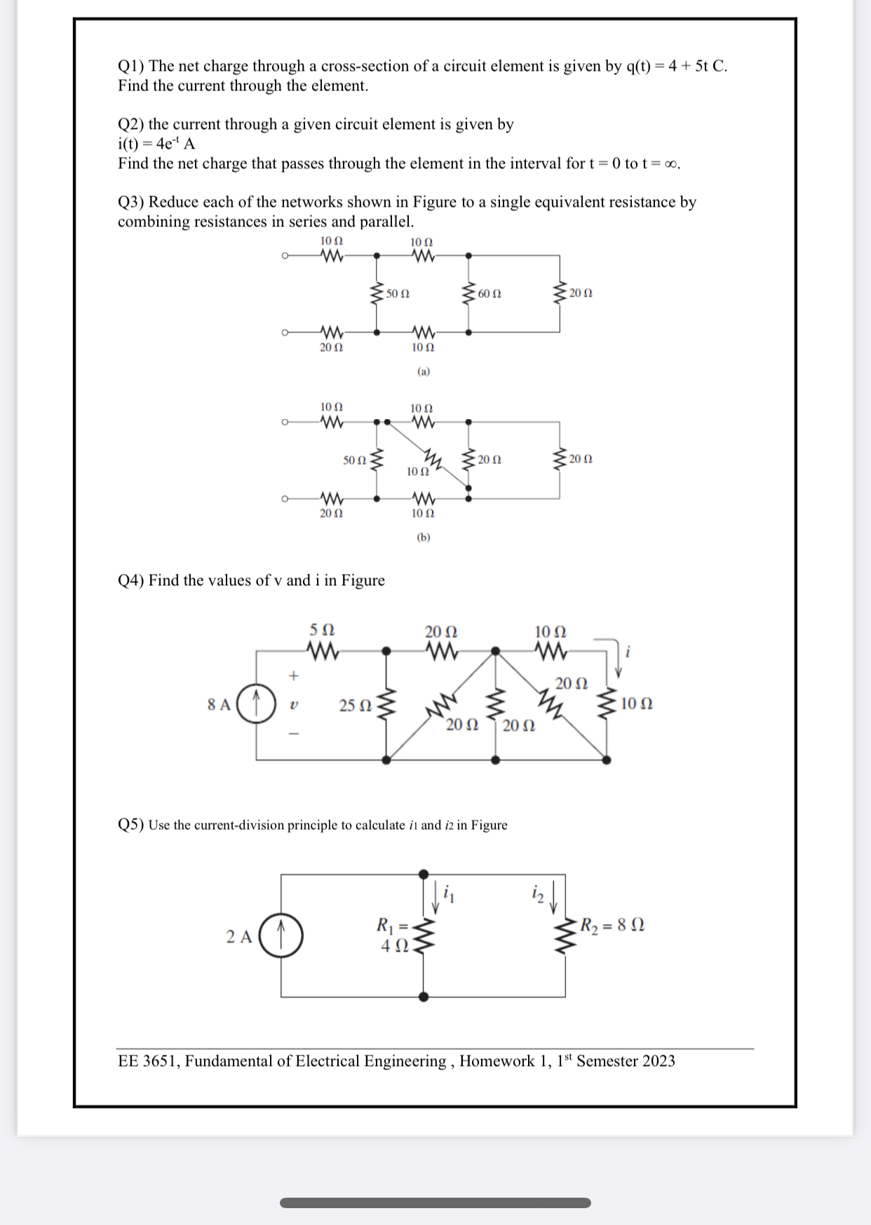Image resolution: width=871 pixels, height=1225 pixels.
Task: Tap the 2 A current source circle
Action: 281,936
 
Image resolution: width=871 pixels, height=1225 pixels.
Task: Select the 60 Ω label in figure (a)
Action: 489,294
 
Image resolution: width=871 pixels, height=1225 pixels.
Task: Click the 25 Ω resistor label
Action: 355,705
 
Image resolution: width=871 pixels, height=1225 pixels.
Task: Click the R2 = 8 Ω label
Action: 612,925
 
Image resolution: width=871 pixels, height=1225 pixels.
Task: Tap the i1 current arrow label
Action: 449,894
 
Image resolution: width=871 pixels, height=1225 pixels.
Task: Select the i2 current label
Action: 537,893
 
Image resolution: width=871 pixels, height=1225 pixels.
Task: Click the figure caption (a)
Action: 423,371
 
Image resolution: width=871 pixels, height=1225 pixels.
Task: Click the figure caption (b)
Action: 423,538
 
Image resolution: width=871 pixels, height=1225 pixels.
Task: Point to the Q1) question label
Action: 130,67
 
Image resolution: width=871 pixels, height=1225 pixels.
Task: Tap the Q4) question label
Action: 130,580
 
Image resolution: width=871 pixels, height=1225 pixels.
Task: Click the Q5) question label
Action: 130,825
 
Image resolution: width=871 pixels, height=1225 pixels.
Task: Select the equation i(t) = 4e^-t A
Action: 156,144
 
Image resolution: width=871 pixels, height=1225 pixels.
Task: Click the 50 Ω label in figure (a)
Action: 398,294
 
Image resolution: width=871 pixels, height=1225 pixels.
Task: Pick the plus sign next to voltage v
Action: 294,676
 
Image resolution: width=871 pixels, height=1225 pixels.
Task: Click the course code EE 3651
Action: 149,1061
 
